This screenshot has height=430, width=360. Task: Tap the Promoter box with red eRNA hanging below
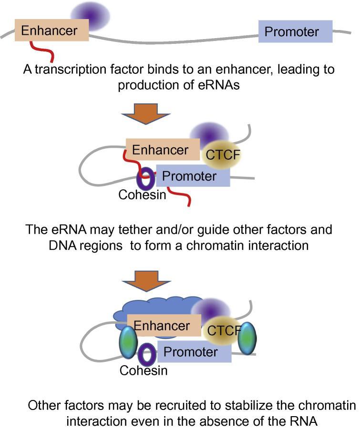[193, 176]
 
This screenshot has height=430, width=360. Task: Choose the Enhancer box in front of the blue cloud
[161, 327]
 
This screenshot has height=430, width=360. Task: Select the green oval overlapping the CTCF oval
[247, 338]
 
